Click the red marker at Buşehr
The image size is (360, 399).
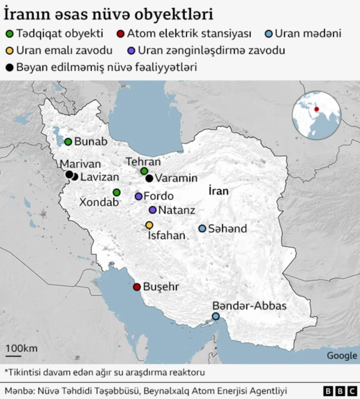coord(137,287)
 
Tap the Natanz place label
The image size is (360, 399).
coord(177,210)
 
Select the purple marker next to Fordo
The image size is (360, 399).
coord(138,197)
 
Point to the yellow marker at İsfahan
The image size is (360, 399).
coord(149,225)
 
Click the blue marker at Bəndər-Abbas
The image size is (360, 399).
coord(216,317)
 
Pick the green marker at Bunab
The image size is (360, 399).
coord(68,142)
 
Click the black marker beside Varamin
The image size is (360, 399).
coord(149,179)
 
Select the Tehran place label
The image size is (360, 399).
coord(143,162)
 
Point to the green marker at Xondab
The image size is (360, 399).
coord(116,192)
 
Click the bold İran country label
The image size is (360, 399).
coord(218,191)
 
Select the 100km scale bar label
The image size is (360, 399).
coord(22,348)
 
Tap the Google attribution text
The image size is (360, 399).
coord(342,355)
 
